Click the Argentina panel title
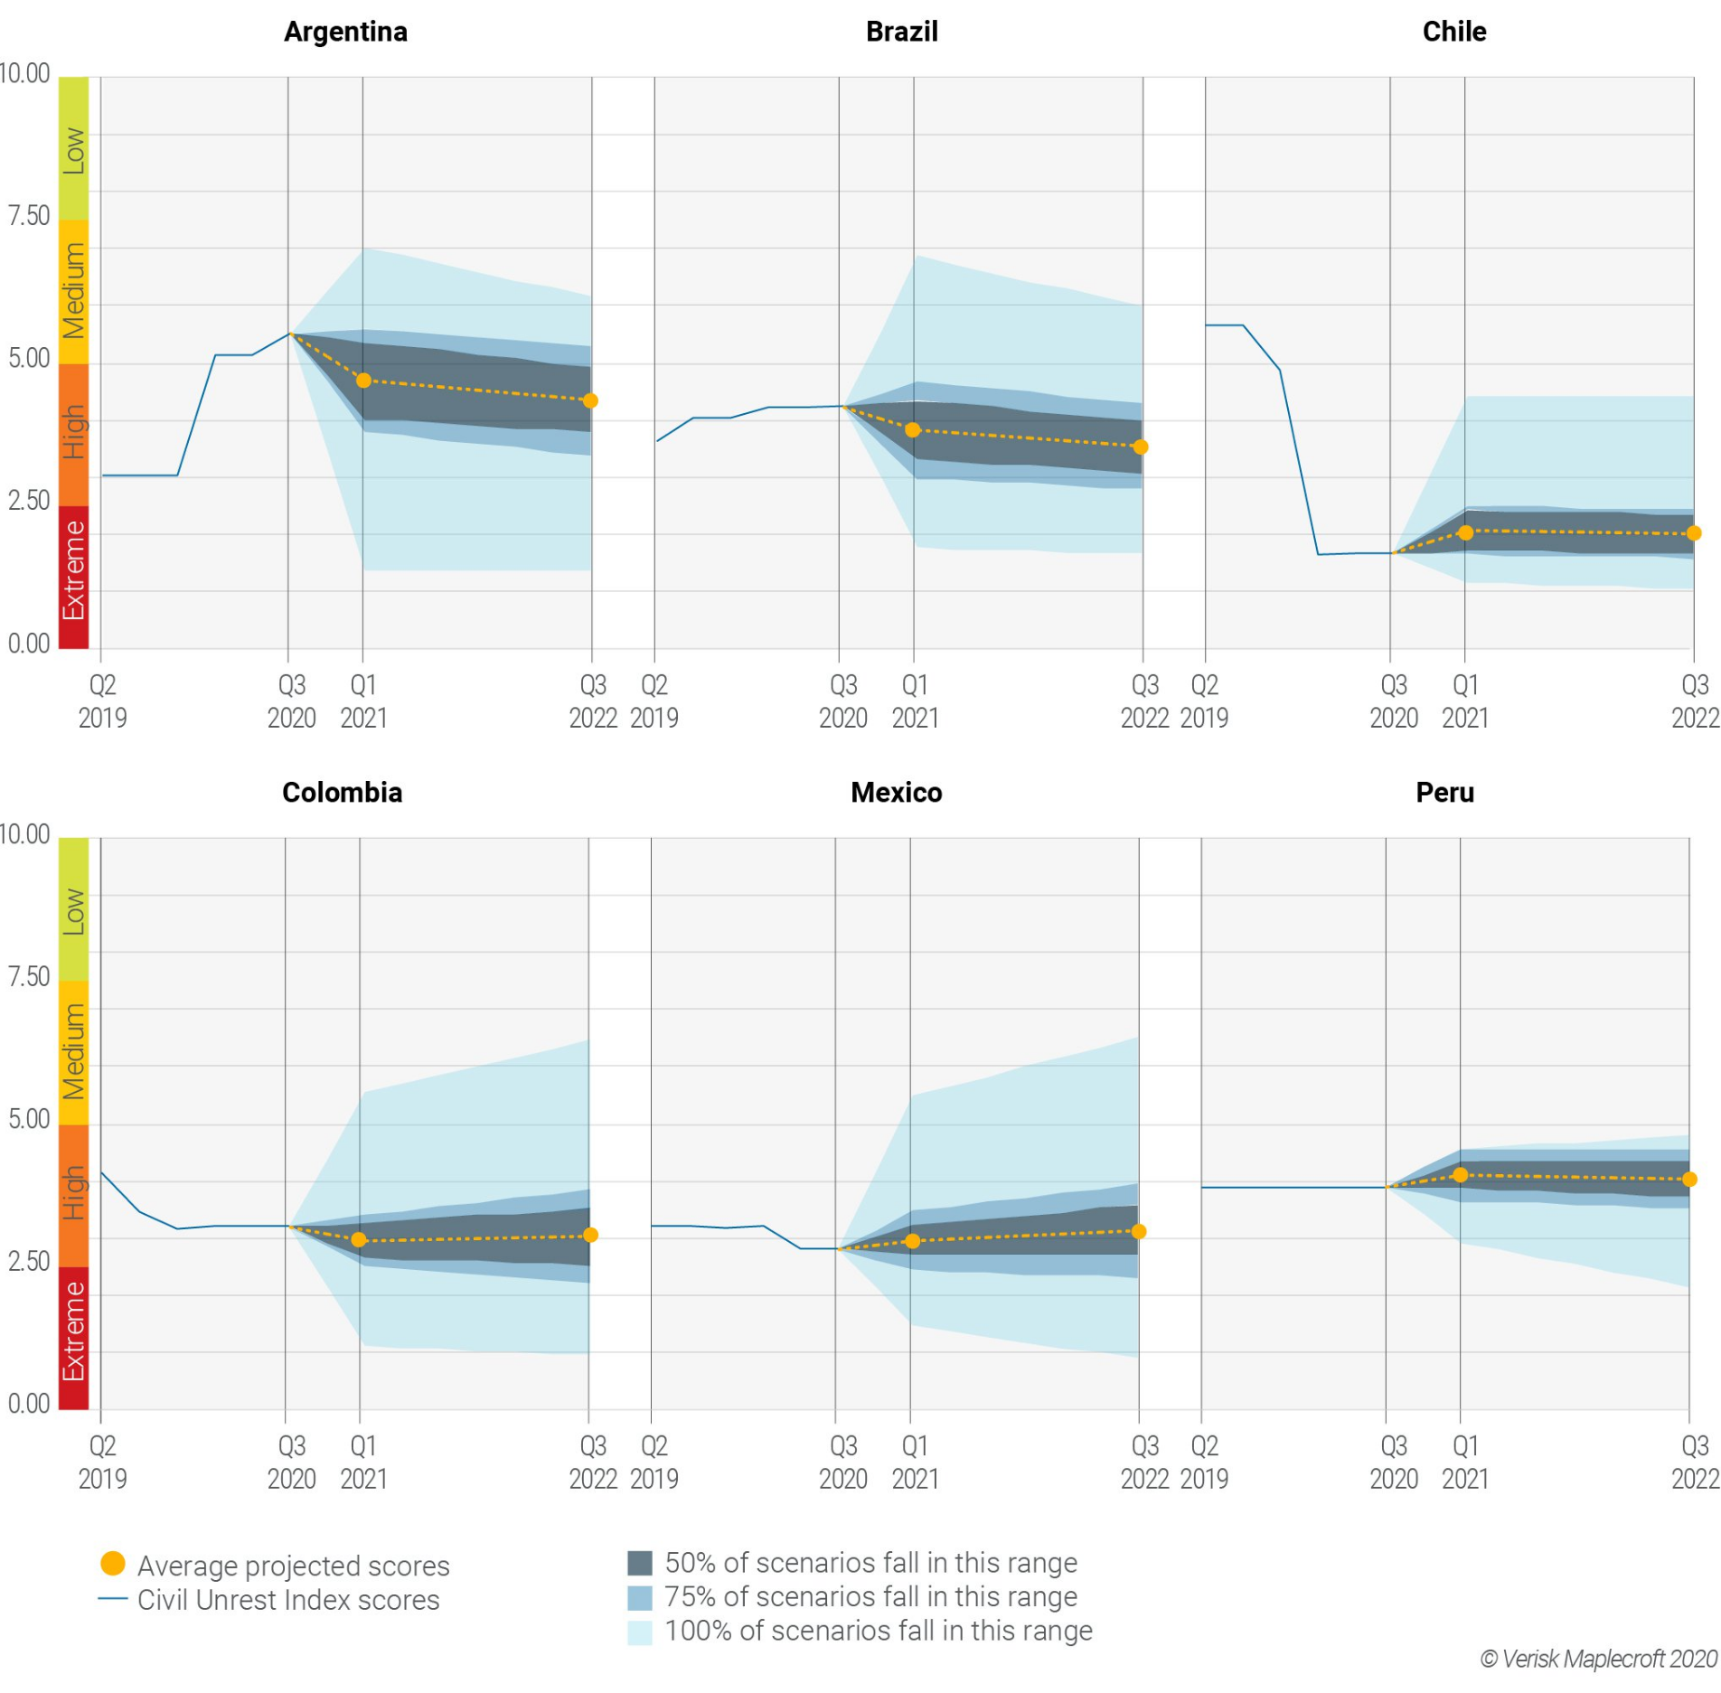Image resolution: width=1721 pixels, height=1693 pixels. [x=345, y=32]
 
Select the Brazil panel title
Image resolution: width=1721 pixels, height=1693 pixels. [x=901, y=32]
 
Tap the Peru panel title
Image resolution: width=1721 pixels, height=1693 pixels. [x=1444, y=793]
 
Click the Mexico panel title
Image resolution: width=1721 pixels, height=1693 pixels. [x=896, y=793]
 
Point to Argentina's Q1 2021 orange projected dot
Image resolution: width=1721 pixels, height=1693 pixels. [x=363, y=381]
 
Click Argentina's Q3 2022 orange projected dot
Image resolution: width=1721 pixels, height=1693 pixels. [x=590, y=400]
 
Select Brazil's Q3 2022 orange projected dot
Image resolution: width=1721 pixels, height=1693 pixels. [x=1141, y=447]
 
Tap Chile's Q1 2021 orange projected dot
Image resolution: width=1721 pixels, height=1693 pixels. [x=1465, y=532]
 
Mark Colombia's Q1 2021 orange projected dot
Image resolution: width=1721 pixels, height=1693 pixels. [x=359, y=1239]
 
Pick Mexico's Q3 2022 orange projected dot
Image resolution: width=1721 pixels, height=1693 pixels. [x=1139, y=1231]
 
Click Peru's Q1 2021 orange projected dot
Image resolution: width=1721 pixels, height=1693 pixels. [x=1460, y=1175]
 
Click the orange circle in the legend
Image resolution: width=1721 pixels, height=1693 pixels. [x=113, y=1563]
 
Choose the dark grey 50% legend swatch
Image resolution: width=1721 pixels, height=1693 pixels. [x=640, y=1563]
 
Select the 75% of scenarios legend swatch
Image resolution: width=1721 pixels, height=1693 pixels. [x=640, y=1597]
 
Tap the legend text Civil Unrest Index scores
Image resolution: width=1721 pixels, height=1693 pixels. [x=287, y=1600]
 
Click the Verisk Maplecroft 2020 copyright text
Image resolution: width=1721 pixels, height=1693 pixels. [x=1598, y=1659]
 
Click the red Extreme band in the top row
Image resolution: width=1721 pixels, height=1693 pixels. [x=74, y=577]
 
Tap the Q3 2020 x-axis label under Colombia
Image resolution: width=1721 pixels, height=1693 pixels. [x=291, y=1462]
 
